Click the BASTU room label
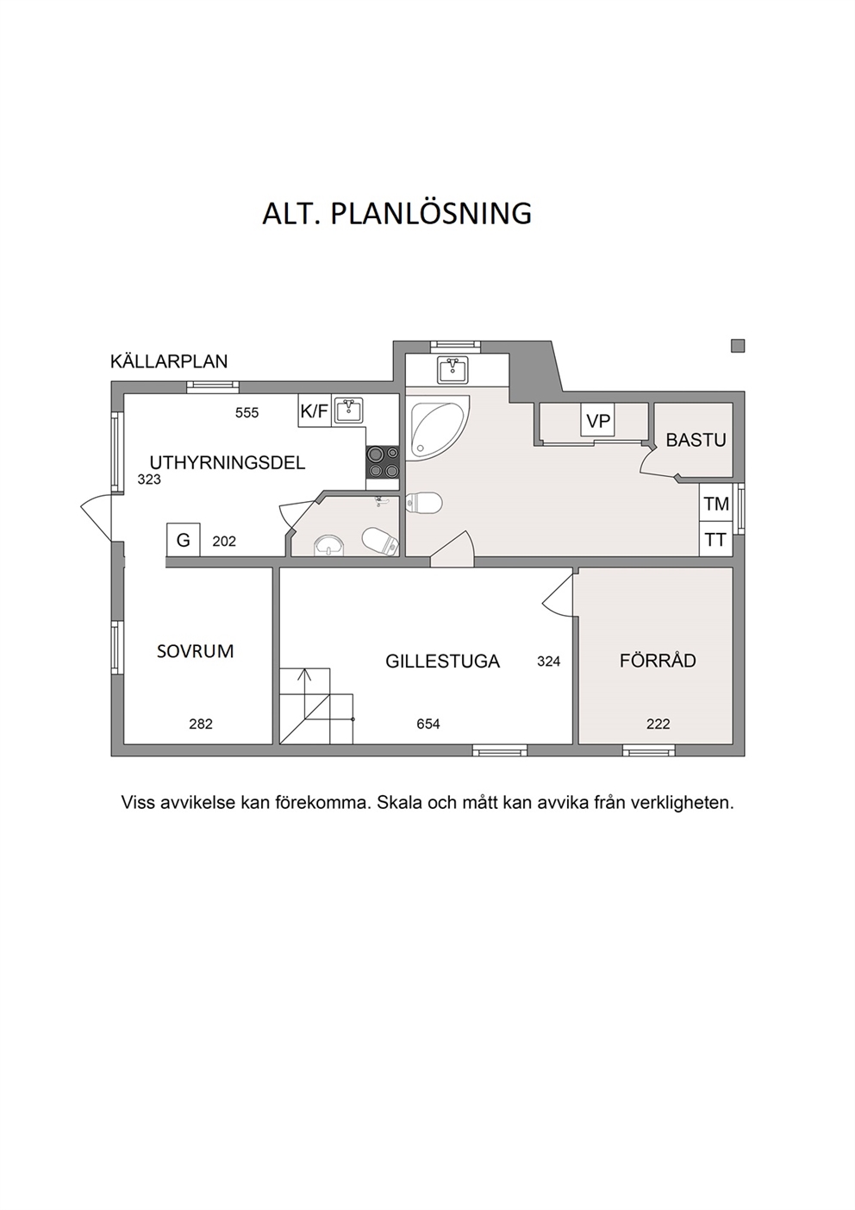[x=696, y=440]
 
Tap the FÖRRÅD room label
[x=658, y=660]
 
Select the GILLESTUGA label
[x=443, y=661]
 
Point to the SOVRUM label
[x=195, y=651]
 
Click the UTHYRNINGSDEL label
[x=228, y=463]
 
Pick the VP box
[x=598, y=420]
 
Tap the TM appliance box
[x=715, y=504]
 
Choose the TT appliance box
[x=715, y=539]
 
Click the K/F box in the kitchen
[x=314, y=411]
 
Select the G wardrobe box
[x=183, y=540]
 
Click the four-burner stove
[x=383, y=462]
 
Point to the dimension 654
[x=428, y=724]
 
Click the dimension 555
[x=247, y=413]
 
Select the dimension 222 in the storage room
[x=658, y=724]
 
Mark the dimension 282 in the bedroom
[x=201, y=724]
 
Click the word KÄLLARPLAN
[x=169, y=361]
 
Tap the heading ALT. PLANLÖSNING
[x=396, y=213]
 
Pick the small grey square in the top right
[x=738, y=346]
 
